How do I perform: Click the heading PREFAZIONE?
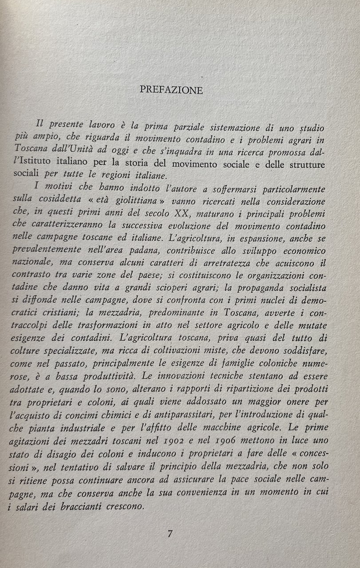[x=171, y=90]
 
